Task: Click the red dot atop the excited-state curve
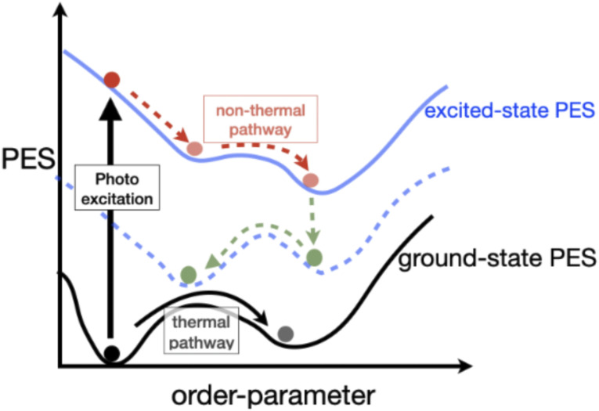pos(111,79)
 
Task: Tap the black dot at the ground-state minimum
pos(112,353)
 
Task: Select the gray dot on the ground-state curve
pos(285,334)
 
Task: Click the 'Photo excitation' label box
pos(117,188)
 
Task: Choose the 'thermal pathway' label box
pos(201,331)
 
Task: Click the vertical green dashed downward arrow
pos(312,217)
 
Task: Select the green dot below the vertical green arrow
pos(314,257)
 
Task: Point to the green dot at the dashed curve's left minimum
pos(188,274)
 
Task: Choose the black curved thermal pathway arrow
pos(204,305)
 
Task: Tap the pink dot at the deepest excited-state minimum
pos(311,181)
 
